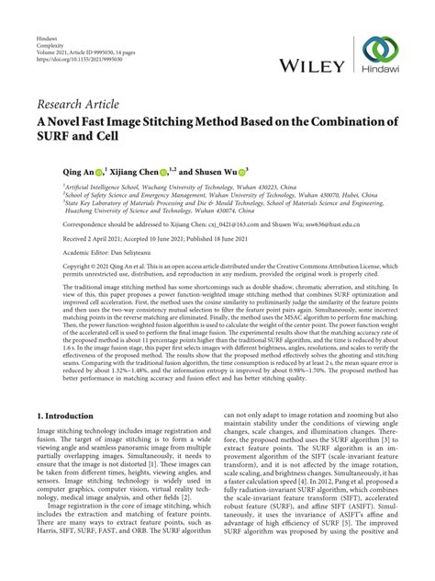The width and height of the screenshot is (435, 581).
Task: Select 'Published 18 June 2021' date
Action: coord(239,237)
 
